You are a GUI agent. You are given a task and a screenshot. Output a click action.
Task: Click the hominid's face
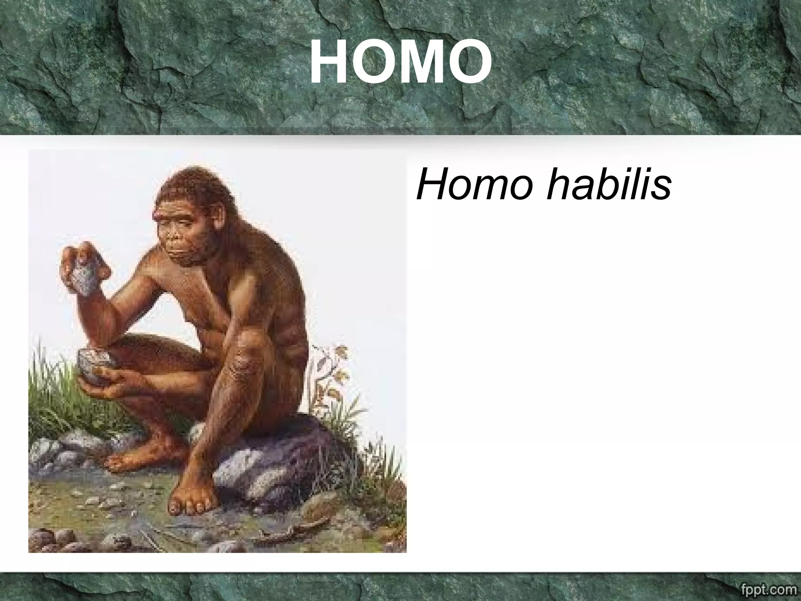[180, 239]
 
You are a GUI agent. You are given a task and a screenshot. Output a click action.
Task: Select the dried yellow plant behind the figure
[332, 376]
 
